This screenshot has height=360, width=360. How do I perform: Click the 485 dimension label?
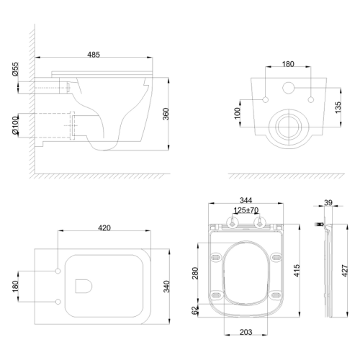(94, 55)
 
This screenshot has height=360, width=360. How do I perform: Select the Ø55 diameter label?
(15, 69)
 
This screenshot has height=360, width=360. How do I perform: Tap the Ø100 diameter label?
(15, 125)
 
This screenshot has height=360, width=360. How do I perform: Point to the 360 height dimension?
(166, 114)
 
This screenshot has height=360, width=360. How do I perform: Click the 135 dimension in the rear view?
(338, 107)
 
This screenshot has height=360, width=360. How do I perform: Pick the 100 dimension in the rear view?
(237, 113)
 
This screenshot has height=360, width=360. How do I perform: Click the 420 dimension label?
(104, 228)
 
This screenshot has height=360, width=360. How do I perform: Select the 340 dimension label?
(166, 287)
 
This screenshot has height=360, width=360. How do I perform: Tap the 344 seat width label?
(246, 200)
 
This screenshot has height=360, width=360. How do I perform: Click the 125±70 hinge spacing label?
(246, 210)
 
